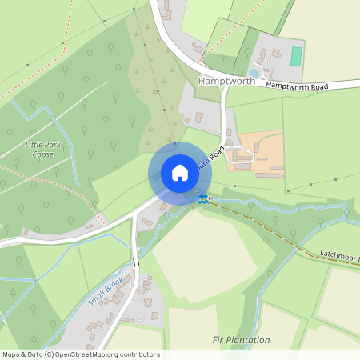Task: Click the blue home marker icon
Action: click(x=179, y=173)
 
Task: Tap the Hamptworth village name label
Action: click(x=226, y=81)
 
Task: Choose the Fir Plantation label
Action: click(x=241, y=340)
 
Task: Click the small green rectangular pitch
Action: click(x=297, y=57)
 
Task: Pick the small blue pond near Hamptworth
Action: click(x=254, y=72)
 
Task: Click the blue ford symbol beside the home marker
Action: click(x=204, y=198)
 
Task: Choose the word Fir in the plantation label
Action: click(x=218, y=340)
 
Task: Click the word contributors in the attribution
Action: click(x=139, y=354)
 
